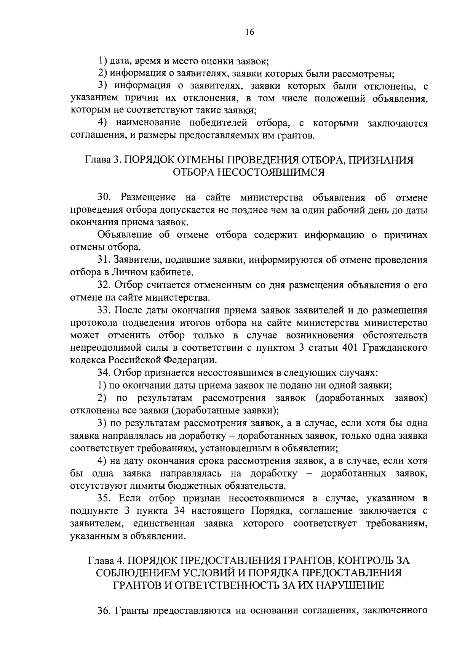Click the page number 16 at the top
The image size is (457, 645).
(249, 32)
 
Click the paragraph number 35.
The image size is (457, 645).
(104, 498)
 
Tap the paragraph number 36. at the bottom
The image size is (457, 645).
(104, 611)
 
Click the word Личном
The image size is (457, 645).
(128, 273)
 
